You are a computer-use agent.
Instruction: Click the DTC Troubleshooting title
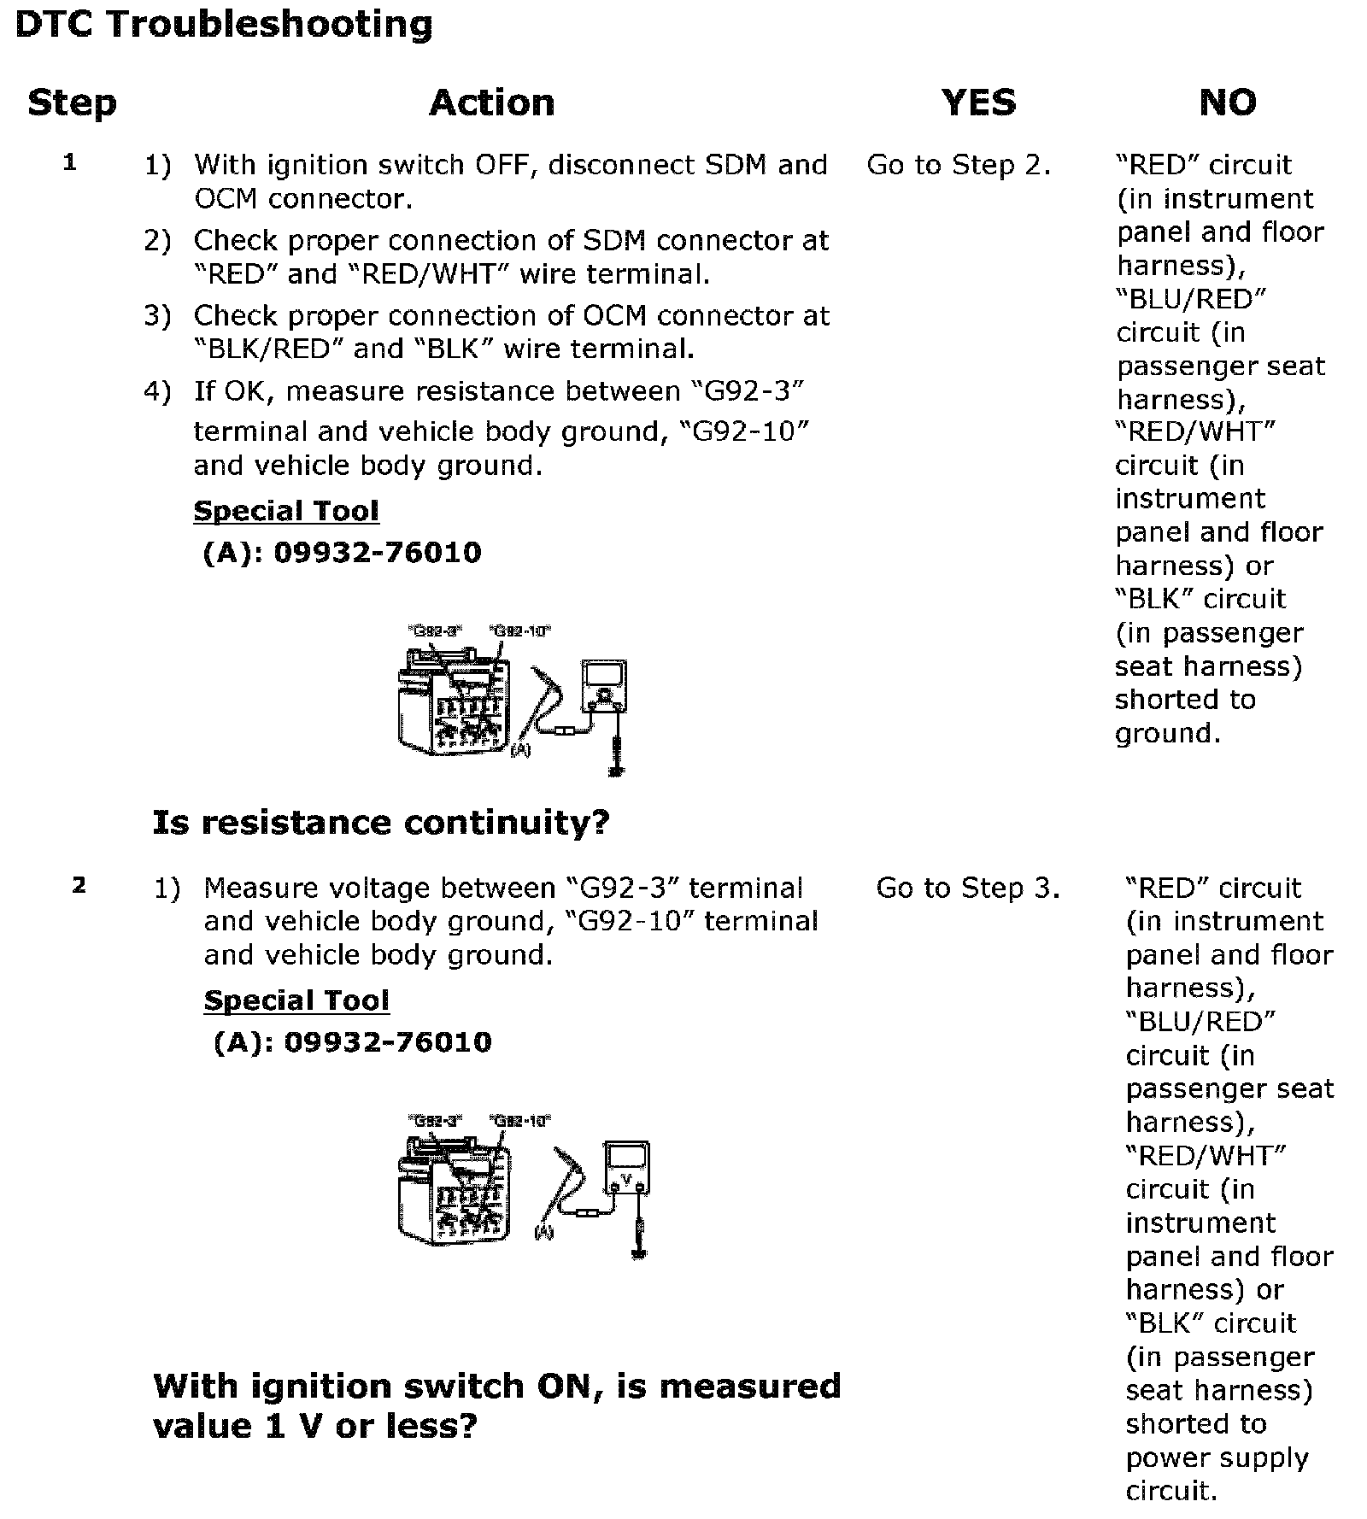click(x=224, y=24)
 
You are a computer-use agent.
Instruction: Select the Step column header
click(x=72, y=103)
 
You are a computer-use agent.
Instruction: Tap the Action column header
click(x=491, y=103)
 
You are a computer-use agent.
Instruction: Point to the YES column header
click(x=979, y=103)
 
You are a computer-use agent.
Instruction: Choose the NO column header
click(x=1228, y=103)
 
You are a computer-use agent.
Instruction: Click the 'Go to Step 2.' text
click(x=959, y=165)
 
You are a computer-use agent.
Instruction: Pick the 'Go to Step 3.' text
click(x=968, y=889)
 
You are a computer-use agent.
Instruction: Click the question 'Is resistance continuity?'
click(x=381, y=822)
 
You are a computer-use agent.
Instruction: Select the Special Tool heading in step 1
click(x=286, y=511)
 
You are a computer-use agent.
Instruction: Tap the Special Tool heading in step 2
click(x=296, y=1000)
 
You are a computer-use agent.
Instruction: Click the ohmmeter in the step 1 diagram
click(x=604, y=685)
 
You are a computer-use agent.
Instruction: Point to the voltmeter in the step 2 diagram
click(x=627, y=1169)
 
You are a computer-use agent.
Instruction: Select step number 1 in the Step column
click(x=70, y=162)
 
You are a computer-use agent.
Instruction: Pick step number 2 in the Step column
click(x=79, y=885)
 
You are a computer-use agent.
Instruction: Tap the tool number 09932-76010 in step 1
click(x=378, y=553)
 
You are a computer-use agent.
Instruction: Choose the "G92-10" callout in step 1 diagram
click(x=520, y=631)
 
